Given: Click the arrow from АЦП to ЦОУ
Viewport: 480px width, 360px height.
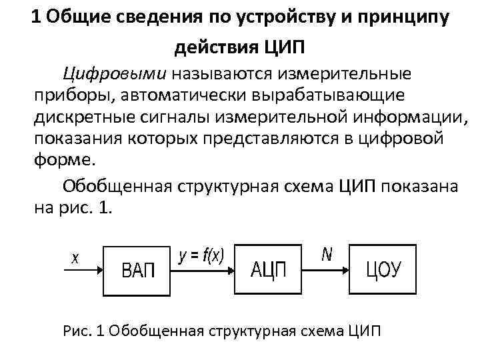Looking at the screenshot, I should pyautogui.click(x=327, y=270).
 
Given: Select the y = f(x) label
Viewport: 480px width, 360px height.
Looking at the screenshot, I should pyautogui.click(x=201, y=255).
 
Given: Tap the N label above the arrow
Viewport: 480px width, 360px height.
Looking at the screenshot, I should pyautogui.click(x=327, y=254).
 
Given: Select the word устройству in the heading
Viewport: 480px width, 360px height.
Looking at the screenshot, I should pyautogui.click(x=290, y=18).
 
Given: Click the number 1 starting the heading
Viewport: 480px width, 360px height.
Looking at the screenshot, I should pyautogui.click(x=37, y=18).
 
